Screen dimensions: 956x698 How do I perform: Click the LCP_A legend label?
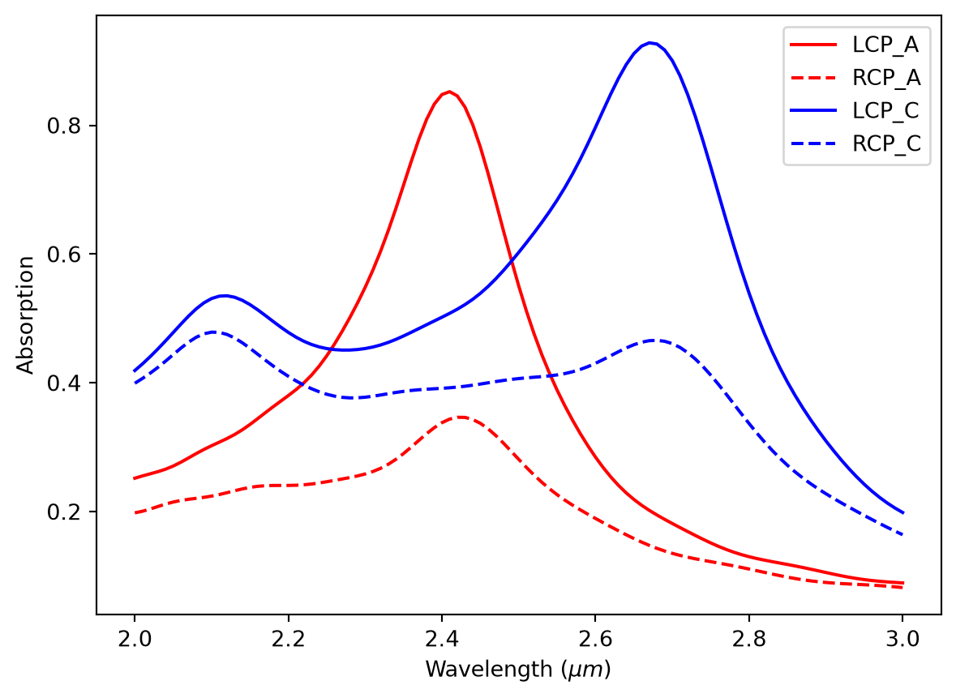pos(885,45)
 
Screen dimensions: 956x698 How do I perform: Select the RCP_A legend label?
pos(886,78)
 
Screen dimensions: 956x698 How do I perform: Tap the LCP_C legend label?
pos(885,111)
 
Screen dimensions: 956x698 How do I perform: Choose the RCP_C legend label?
pos(886,143)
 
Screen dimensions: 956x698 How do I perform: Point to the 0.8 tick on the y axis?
pos(63,126)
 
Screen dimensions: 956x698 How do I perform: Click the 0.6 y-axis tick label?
pos(63,255)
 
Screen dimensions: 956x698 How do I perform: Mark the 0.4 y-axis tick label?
pos(63,383)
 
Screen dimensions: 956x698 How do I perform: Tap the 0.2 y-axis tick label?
pos(63,512)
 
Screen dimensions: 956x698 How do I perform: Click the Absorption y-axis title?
pos(26,315)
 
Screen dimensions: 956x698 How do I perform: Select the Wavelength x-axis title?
pos(518,670)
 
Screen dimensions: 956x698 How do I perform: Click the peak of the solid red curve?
pos(449,92)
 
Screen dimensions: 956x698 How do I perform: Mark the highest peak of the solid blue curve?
pos(651,43)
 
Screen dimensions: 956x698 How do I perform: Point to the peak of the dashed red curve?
pos(460,417)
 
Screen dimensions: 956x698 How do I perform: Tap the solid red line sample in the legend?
pos(814,45)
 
